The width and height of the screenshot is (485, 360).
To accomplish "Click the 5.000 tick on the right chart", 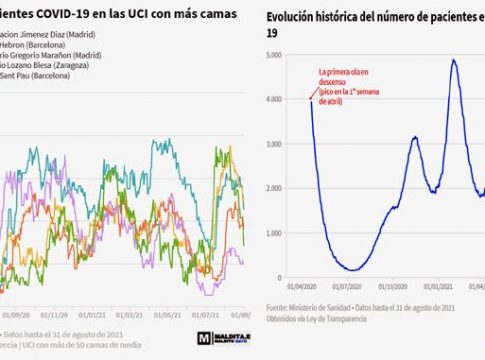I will click(283, 56).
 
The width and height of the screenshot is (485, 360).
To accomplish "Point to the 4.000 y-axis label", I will click(283, 100).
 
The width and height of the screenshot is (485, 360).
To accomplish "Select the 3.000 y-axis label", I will click(283, 144).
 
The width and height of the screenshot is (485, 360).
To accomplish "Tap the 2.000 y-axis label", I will click(283, 188).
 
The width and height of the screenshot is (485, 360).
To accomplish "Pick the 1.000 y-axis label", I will click(283, 231).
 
